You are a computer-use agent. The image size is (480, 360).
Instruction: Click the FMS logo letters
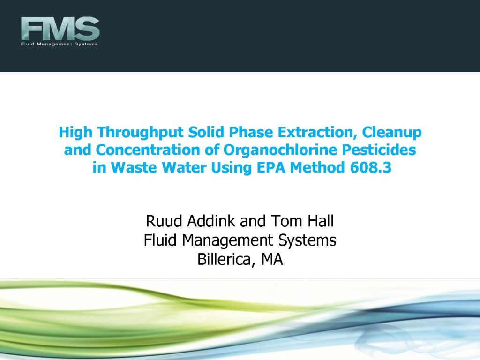pyautogui.click(x=60, y=29)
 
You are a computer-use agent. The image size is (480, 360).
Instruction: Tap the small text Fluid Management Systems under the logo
pyautogui.click(x=60, y=44)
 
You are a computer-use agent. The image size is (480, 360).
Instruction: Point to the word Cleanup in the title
pyautogui.click(x=392, y=133)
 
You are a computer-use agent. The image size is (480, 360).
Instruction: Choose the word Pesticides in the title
pyautogui.click(x=379, y=150)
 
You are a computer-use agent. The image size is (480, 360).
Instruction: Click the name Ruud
pyautogui.click(x=164, y=221)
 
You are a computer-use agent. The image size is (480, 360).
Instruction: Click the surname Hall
pyautogui.click(x=321, y=221)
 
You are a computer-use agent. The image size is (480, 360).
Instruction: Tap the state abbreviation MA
pyautogui.click(x=272, y=260)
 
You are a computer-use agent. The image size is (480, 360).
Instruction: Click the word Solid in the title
pyautogui.click(x=206, y=132)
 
